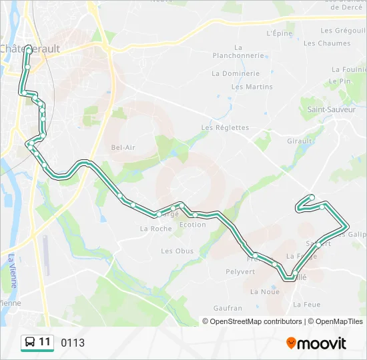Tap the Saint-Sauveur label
(331, 109)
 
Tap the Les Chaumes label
(327, 43)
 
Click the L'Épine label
(280, 33)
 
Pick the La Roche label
(156, 228)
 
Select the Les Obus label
(177, 251)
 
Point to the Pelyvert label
(240, 271)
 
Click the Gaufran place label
(228, 308)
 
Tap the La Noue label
(265, 291)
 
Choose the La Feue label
(307, 305)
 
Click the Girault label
(300, 141)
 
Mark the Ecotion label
(193, 225)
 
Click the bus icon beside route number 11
(30, 343)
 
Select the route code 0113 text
(73, 343)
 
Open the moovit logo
(316, 343)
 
